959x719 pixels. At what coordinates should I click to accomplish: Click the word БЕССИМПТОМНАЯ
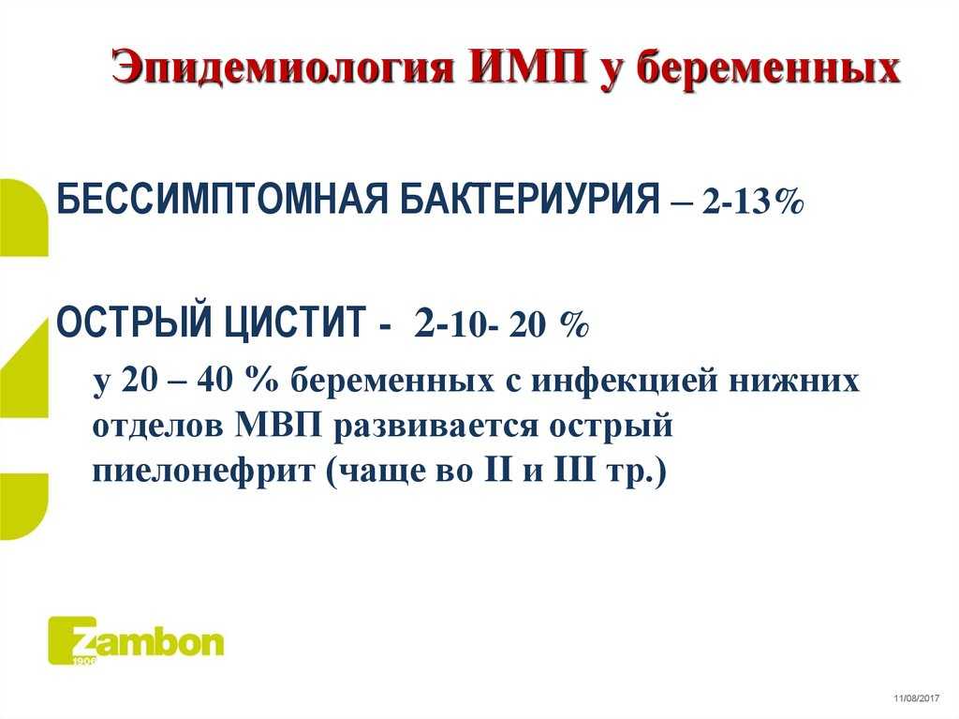[222, 199]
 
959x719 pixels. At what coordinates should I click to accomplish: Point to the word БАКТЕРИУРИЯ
[530, 199]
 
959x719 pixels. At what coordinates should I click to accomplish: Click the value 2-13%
[752, 201]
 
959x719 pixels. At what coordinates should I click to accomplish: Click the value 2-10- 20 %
[501, 323]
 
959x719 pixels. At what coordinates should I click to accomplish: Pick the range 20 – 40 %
[200, 380]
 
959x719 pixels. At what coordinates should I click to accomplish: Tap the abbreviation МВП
[278, 426]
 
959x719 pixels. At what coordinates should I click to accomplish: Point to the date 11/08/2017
[916, 698]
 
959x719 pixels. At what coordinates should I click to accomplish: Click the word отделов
[157, 427]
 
